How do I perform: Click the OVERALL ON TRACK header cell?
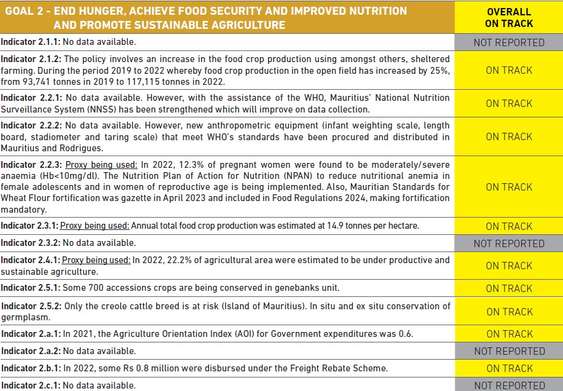(509, 18)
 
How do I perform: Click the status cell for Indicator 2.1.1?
(509, 42)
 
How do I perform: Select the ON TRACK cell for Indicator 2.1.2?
(509, 70)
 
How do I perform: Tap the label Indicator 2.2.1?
(30, 98)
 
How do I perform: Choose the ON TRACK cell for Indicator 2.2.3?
(509, 187)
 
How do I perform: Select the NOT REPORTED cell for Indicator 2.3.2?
(509, 243)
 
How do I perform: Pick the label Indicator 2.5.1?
(30, 288)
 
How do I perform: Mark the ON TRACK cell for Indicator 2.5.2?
(509, 312)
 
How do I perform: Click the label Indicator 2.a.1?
(30, 334)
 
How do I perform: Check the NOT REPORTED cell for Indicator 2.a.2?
(509, 351)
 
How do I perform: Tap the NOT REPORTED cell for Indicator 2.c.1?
(509, 385)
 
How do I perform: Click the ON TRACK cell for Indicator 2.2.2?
(509, 136)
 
